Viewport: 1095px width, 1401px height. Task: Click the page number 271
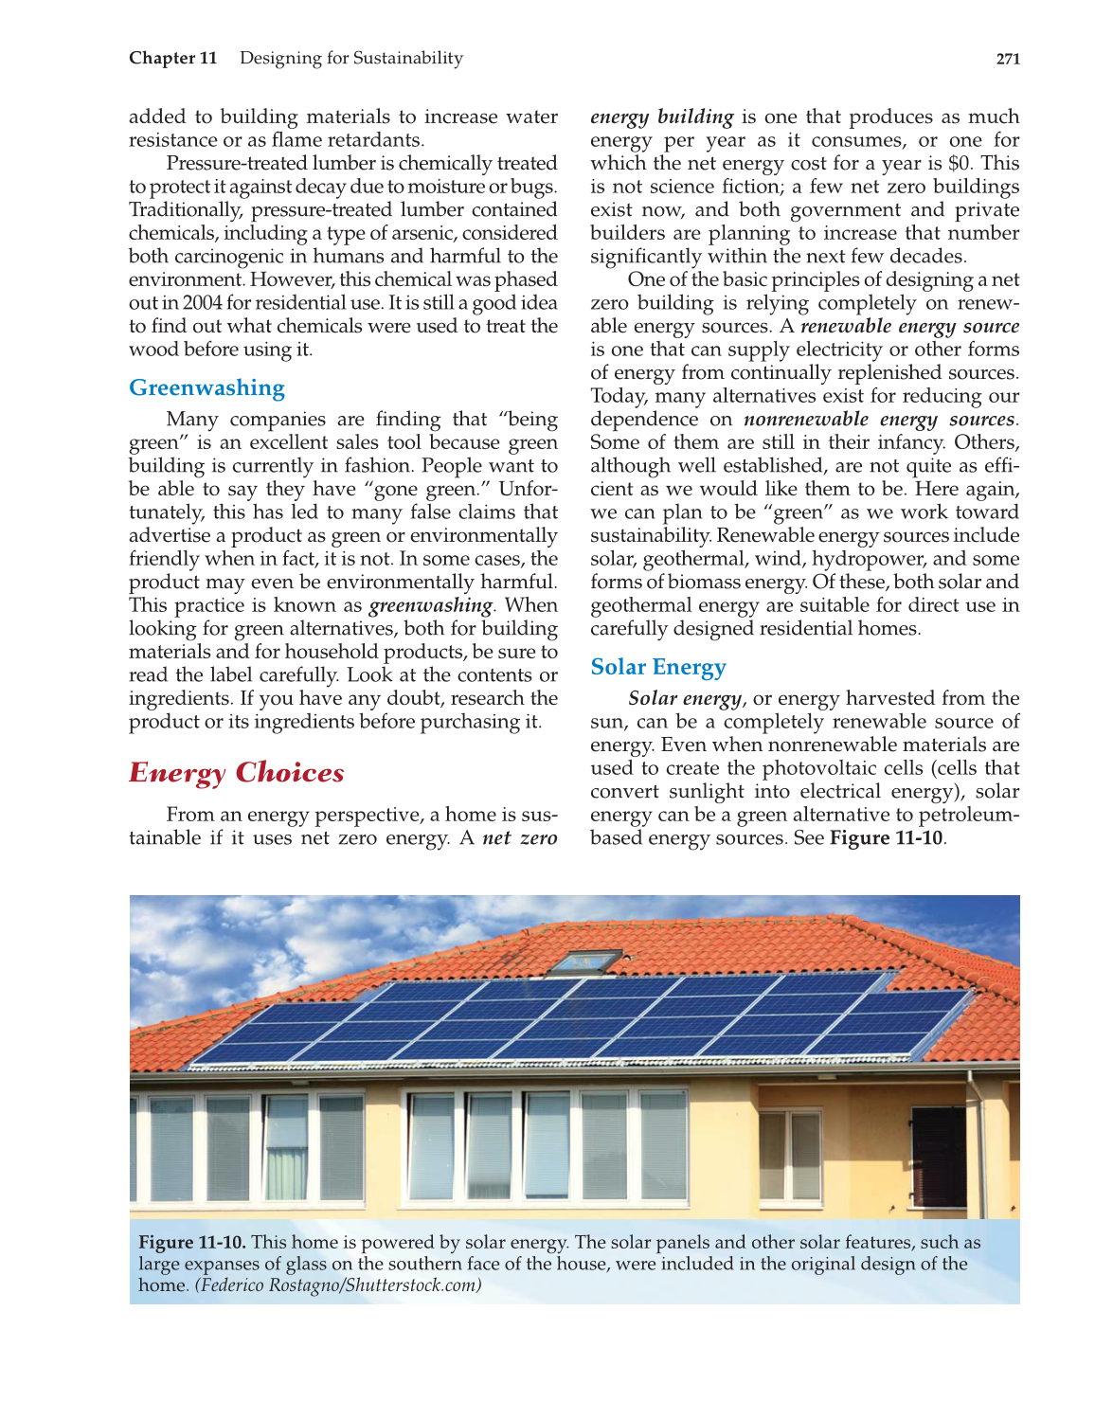[1007, 59]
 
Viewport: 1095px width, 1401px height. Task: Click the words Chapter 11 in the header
[173, 58]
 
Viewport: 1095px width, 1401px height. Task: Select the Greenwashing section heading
[206, 387]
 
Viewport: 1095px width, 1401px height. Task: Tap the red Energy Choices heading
[236, 772]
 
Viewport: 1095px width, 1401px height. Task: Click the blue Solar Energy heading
[657, 667]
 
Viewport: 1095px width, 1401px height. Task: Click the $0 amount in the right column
[960, 164]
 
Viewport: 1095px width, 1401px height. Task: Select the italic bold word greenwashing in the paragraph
[430, 605]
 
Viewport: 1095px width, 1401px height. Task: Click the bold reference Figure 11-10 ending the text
[886, 838]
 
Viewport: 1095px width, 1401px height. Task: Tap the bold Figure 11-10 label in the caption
[192, 1242]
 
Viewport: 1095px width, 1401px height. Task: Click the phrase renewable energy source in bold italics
[909, 327]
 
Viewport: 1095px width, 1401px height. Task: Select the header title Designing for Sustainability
[350, 58]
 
